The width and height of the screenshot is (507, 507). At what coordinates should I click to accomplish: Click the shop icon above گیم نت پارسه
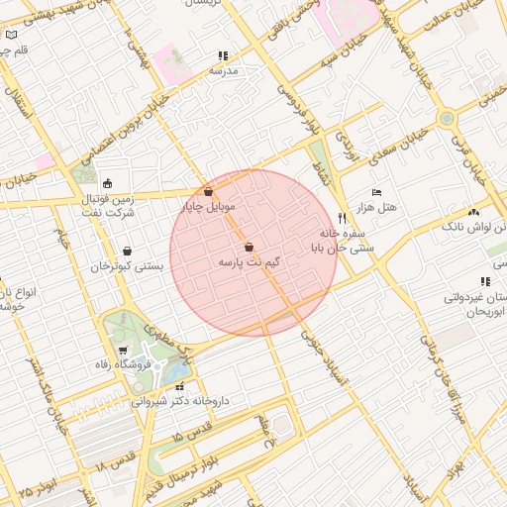coord(248,247)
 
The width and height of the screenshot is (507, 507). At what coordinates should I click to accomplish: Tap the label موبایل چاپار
coord(207,207)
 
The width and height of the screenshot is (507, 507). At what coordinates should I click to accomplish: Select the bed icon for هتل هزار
coord(375,192)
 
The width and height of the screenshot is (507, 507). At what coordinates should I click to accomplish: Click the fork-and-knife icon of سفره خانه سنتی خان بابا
coord(342,218)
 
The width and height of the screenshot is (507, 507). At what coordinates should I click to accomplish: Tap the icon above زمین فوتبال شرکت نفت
coord(107,183)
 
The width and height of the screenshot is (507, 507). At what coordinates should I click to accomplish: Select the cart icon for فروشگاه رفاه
coord(121,350)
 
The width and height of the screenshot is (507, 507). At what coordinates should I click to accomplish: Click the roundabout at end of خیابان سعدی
coord(448,118)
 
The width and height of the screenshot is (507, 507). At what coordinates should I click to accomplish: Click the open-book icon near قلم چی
coord(12,35)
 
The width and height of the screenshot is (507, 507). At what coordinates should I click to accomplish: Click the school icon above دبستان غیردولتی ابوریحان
coord(484,282)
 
